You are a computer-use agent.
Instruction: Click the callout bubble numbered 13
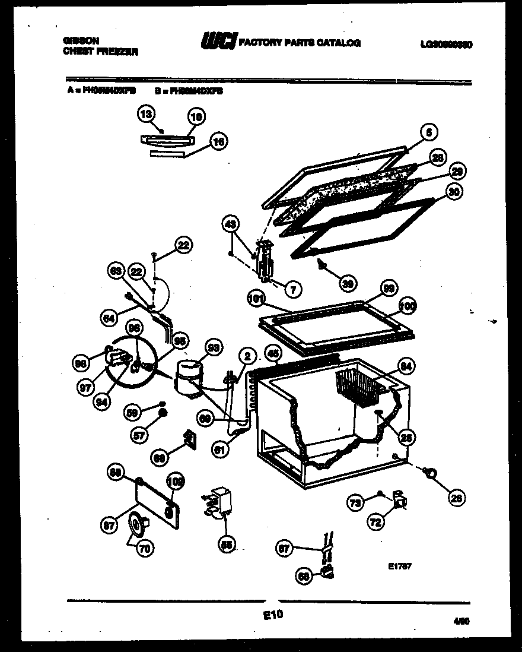click(146, 113)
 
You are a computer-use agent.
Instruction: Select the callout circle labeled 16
click(219, 142)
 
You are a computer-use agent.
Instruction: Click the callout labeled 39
click(349, 284)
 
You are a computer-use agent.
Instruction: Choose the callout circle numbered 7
click(293, 289)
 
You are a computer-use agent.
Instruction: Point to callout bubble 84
click(407, 366)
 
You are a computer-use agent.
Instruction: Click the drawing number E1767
click(397, 566)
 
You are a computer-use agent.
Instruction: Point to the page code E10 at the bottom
click(273, 616)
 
